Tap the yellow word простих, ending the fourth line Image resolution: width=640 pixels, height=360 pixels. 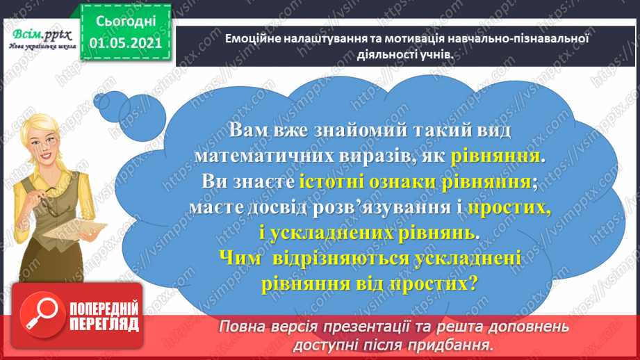[509, 208]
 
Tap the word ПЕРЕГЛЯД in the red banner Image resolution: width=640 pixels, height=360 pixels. [105, 325]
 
